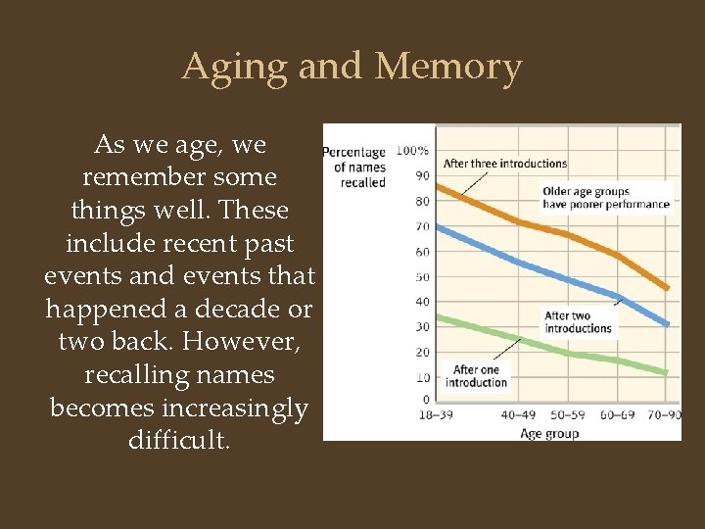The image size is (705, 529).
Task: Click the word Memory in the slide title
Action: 448,67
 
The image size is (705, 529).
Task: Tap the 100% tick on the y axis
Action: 412,151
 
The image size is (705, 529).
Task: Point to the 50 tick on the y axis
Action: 422,276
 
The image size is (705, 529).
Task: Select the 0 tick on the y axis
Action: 425,400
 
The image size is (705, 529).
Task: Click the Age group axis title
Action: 549,433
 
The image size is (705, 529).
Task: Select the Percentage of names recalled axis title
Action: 354,167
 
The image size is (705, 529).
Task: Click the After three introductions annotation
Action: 505,164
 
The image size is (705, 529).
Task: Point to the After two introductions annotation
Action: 578,322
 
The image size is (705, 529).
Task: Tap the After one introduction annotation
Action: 476,376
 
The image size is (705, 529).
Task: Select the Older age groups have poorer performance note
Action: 606,198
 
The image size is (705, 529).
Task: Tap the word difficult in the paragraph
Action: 179,441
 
